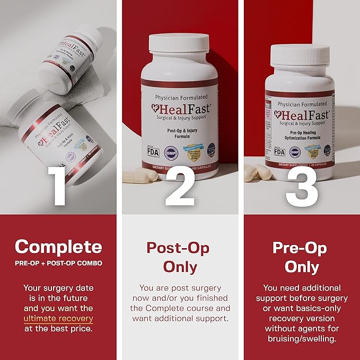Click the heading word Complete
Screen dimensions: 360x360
[x=58, y=247]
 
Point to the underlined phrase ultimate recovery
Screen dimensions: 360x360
[x=58, y=319]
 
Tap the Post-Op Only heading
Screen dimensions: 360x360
[x=178, y=257]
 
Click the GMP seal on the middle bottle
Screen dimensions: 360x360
[x=171, y=151]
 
